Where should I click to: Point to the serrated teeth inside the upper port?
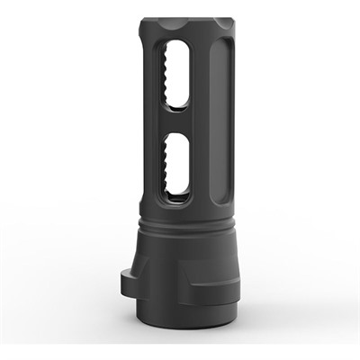pyautogui.click(x=164, y=81)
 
